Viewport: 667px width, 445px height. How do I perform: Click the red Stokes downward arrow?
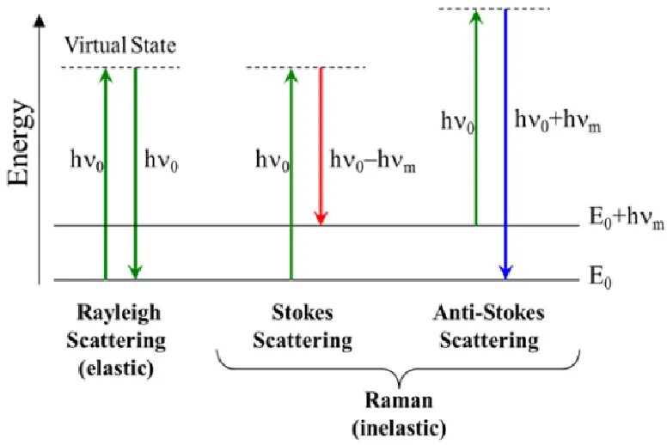(x=321, y=146)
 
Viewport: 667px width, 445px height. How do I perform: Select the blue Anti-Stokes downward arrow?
(x=506, y=146)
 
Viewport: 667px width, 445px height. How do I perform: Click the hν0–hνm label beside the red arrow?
(x=372, y=160)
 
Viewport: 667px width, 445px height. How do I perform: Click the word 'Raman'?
(x=399, y=401)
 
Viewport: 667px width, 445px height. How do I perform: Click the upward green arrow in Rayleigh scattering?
(x=105, y=172)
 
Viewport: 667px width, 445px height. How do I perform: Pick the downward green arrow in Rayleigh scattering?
(x=135, y=172)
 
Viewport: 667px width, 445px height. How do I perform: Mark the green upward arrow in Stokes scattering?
(x=291, y=172)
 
